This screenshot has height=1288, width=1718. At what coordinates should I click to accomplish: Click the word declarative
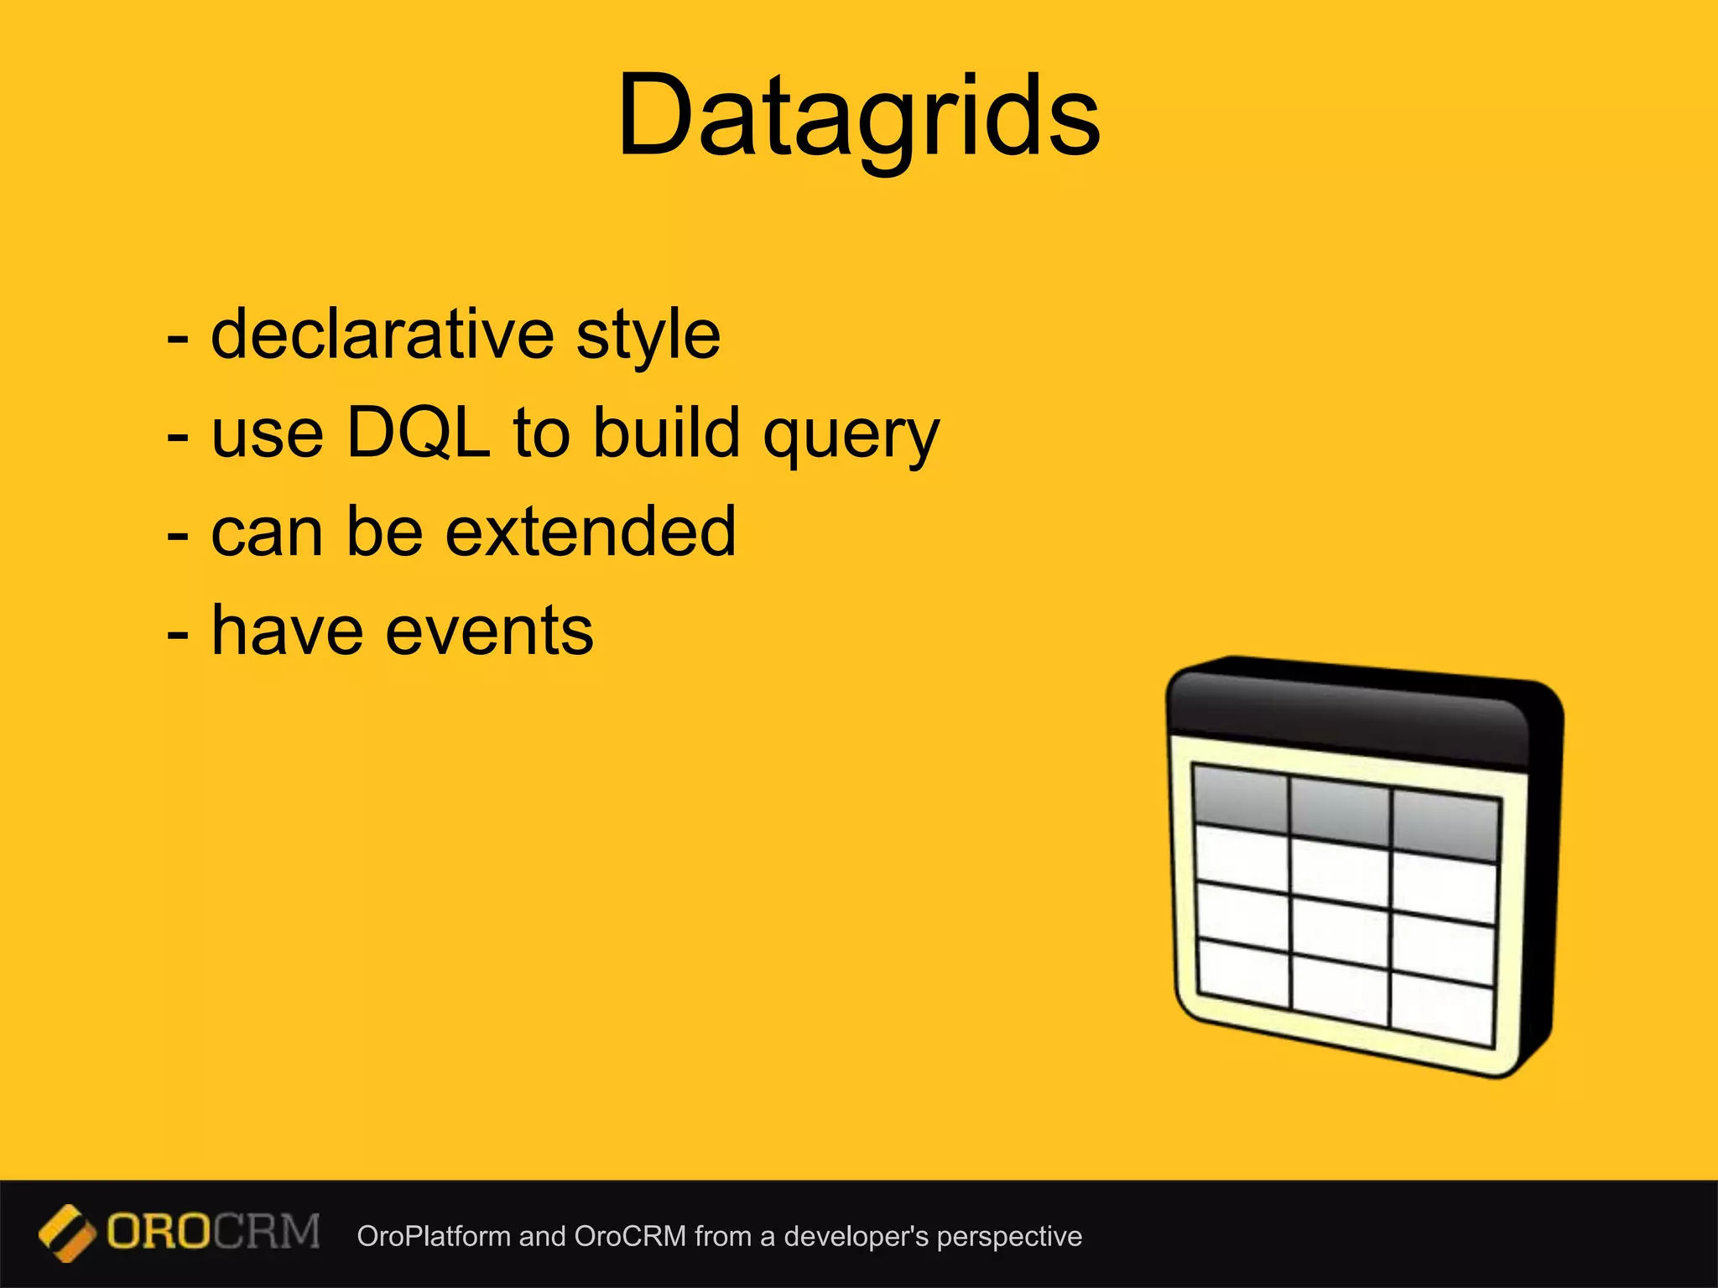coord(382,335)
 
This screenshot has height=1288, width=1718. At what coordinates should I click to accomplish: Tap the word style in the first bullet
coord(648,335)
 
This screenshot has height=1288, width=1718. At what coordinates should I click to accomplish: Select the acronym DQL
coord(418,433)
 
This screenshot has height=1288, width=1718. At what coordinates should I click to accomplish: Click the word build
coord(667,433)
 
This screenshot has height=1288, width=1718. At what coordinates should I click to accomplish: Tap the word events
coord(489,631)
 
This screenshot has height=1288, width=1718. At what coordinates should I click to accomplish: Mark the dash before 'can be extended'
coord(177,535)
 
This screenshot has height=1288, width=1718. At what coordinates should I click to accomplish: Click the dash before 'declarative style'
coord(177,338)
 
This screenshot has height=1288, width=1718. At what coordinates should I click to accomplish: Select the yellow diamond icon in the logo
coord(66,1233)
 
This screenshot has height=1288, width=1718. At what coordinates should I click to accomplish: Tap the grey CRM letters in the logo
coord(267,1233)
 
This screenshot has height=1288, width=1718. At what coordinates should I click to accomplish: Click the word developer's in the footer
coord(856,1236)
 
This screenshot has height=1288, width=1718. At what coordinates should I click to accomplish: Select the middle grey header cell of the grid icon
coord(1340,811)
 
